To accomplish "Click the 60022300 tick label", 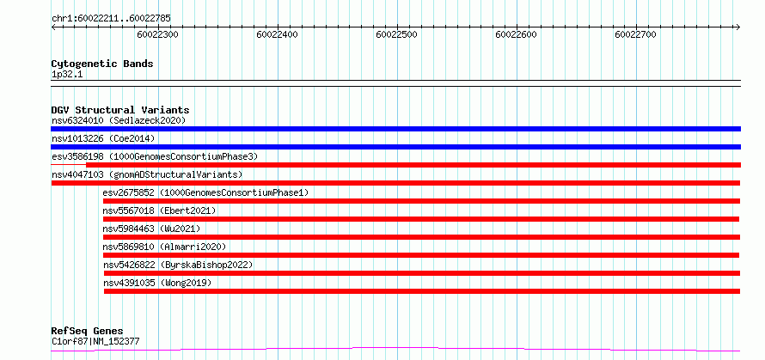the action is click(x=157, y=34).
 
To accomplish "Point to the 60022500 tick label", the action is click(x=397, y=34).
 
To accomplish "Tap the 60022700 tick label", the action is click(x=636, y=34).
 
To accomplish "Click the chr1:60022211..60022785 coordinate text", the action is click(x=111, y=19).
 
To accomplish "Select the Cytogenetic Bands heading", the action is click(x=102, y=64).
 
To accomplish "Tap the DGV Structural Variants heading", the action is click(x=120, y=110).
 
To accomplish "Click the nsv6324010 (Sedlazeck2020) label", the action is click(x=119, y=120).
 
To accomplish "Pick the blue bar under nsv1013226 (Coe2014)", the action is click(x=396, y=147).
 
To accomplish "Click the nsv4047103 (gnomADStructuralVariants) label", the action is click(x=147, y=174).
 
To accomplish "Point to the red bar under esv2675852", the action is click(x=421, y=201).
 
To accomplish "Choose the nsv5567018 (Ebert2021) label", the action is click(x=159, y=211).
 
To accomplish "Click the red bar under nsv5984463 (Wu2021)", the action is click(x=421, y=237).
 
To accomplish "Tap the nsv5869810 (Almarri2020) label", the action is click(x=164, y=247).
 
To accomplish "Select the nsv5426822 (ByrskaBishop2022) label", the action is click(x=178, y=265).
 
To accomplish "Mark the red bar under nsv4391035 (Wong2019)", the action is click(x=422, y=291).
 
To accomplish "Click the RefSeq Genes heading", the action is click(x=87, y=332).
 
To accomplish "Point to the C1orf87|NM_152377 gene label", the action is click(x=95, y=341).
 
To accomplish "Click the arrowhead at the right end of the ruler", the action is click(x=738, y=27).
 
